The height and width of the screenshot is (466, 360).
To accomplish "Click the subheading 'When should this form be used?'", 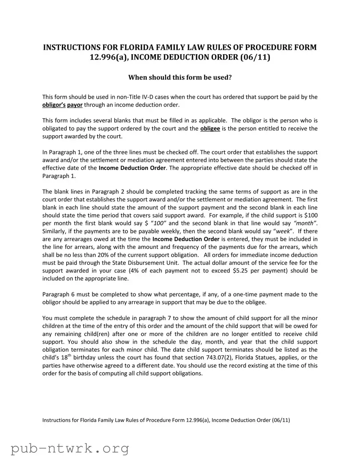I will click(x=180, y=77).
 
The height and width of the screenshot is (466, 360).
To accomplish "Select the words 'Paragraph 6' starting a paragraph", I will click(x=58, y=294).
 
